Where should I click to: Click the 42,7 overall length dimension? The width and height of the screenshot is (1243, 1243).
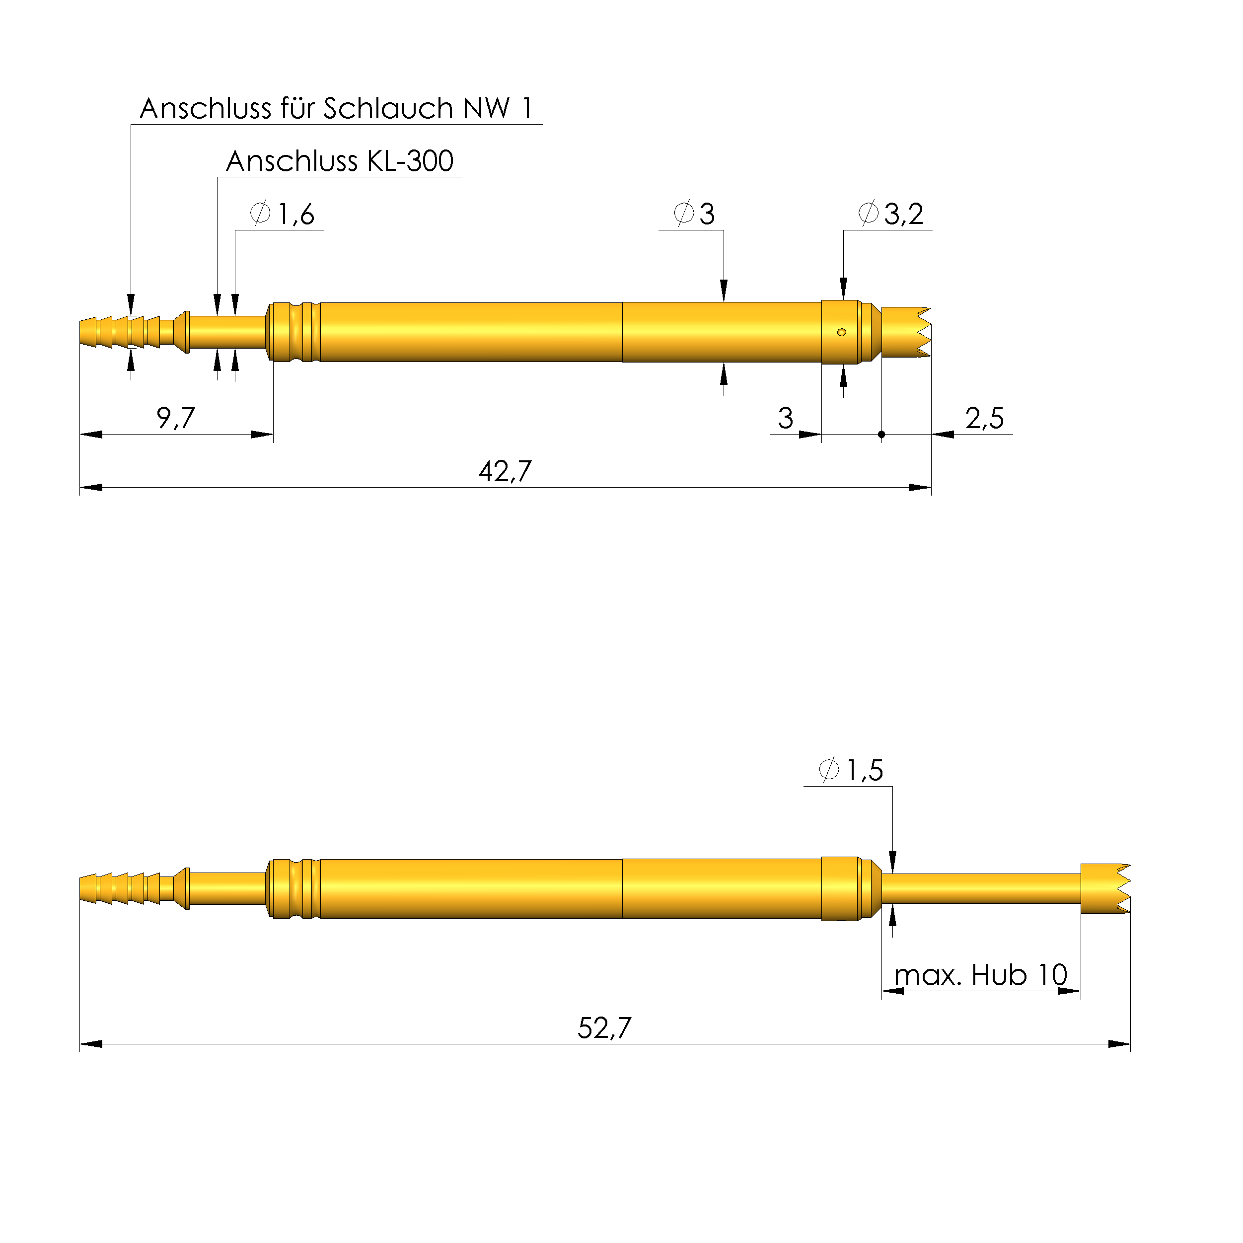(x=505, y=472)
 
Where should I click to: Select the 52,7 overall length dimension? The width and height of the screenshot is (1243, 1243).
(x=604, y=1028)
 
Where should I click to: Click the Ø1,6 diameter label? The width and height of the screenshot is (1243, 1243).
(x=283, y=214)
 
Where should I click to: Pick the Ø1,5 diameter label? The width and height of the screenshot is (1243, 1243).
(x=851, y=770)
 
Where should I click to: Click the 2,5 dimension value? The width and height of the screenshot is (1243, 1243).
(x=984, y=418)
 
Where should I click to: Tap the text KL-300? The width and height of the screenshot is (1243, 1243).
(x=410, y=161)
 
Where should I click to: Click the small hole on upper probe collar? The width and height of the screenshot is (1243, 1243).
(x=842, y=332)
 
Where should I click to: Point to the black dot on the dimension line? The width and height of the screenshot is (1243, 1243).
(x=881, y=434)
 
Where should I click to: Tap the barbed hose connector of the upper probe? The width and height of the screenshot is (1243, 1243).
(x=122, y=332)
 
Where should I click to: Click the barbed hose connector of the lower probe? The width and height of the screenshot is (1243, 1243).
(x=122, y=888)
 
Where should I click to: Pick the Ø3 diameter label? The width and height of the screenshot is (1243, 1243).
(x=694, y=214)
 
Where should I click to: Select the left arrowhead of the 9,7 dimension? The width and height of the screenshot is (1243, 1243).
(x=90, y=434)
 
